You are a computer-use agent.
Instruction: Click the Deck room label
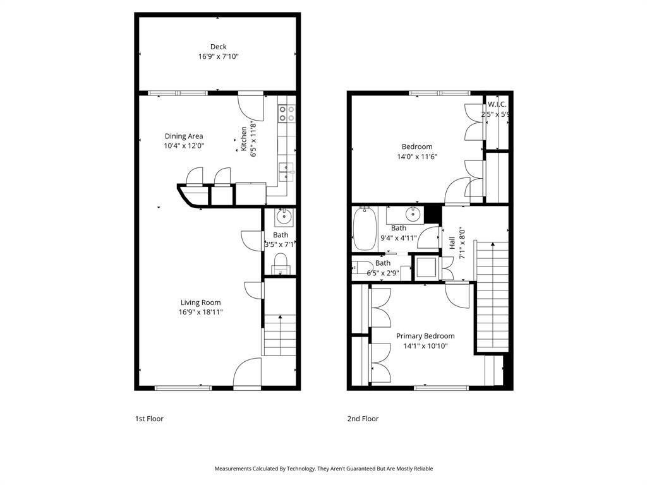click(218, 47)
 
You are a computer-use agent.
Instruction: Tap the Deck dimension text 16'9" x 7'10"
click(218, 57)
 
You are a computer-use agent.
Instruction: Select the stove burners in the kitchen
click(286, 113)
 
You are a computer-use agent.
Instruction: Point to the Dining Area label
click(184, 136)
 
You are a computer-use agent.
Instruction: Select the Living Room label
click(201, 302)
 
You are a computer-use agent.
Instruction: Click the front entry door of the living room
click(247, 373)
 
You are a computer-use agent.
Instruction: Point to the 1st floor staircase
click(279, 335)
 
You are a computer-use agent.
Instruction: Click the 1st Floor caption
click(149, 419)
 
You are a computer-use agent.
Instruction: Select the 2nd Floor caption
click(363, 419)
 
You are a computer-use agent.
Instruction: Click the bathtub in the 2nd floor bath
click(365, 229)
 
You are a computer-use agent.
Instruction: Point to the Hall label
click(452, 243)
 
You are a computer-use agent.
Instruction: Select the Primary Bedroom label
click(425, 336)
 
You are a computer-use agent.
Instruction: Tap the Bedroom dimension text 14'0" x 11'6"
click(415, 157)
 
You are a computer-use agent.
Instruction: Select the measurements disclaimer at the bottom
click(323, 469)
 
